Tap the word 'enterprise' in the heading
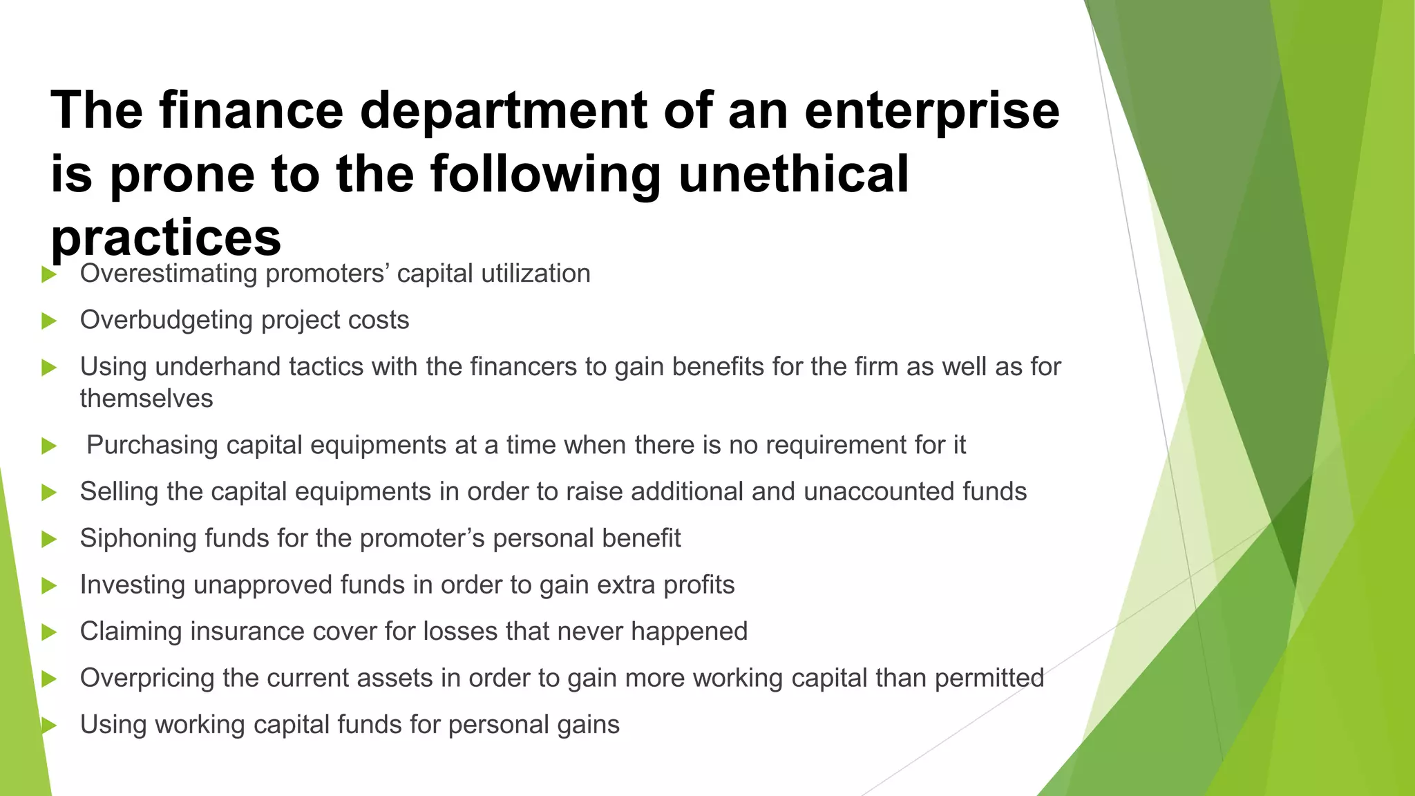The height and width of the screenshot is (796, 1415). [931, 111]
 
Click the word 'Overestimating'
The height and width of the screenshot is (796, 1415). [169, 274]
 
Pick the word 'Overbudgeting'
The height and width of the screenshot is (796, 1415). [167, 321]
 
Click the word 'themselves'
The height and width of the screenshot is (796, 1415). [146, 399]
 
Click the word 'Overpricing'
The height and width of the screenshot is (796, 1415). [147, 679]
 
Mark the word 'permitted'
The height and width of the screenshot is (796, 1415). [989, 679]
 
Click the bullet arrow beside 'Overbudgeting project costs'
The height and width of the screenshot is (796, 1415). [48, 321]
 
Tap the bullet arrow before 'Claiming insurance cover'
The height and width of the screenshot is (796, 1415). [48, 632]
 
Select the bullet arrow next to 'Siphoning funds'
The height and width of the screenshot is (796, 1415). [48, 539]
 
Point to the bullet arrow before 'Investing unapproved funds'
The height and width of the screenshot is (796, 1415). [48, 586]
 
